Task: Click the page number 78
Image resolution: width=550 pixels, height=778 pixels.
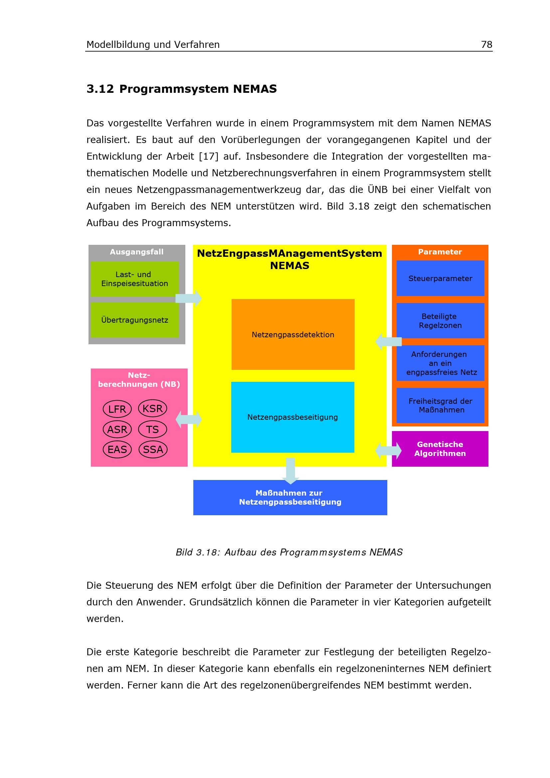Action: [x=486, y=44]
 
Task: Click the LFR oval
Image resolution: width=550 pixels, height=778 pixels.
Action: [x=117, y=409]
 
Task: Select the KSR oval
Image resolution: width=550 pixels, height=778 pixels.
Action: [x=152, y=408]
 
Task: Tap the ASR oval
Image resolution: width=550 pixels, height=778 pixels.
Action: [x=117, y=429]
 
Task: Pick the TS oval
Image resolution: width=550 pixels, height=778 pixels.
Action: [x=152, y=429]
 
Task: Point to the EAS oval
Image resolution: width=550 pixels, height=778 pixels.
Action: [x=117, y=449]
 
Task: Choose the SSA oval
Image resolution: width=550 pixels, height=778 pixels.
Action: [x=153, y=449]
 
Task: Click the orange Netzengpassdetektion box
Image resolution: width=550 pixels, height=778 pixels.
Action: [x=293, y=334]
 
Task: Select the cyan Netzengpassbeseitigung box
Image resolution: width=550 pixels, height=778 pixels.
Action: [x=292, y=417]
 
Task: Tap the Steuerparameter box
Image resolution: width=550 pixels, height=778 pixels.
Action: [x=440, y=278]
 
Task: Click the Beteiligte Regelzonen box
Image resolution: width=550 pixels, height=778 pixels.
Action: [x=440, y=321]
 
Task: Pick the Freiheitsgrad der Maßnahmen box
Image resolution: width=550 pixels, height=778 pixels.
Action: [x=440, y=405]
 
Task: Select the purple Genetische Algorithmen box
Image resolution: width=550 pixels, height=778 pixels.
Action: [x=440, y=449]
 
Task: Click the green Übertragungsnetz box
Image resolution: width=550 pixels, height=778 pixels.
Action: [x=134, y=320]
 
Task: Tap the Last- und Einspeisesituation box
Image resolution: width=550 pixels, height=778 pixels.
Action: [x=134, y=278]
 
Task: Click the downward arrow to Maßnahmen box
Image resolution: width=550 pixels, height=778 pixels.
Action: [x=290, y=470]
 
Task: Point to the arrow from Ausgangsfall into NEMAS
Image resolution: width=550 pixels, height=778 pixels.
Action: [x=189, y=298]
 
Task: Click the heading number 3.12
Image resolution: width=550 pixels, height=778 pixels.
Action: [x=100, y=89]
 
